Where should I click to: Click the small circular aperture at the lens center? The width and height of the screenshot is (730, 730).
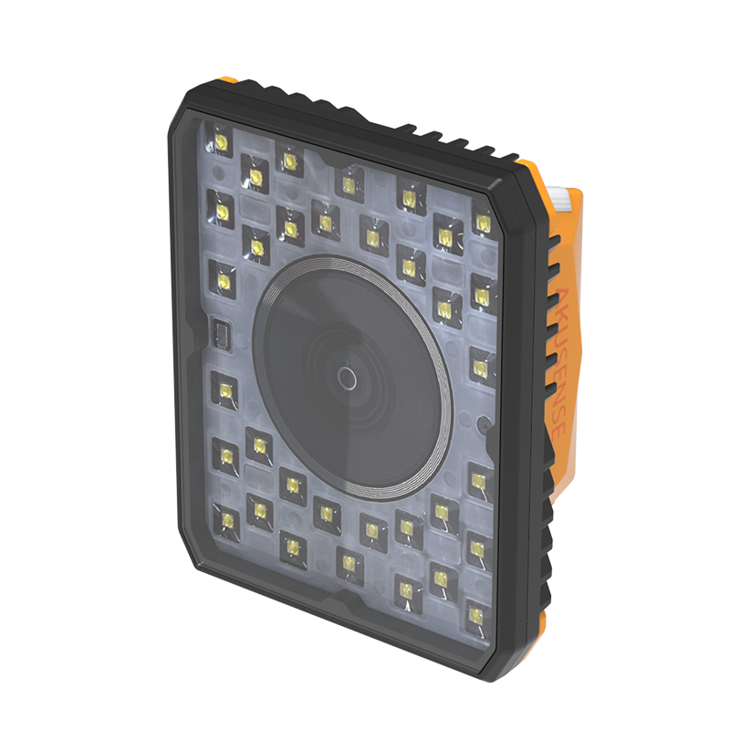point(346,377)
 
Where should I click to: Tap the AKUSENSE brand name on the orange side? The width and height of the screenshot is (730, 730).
point(559,361)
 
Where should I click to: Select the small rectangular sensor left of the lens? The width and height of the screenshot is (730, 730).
point(219,333)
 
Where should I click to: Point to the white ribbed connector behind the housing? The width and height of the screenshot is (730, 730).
point(570,197)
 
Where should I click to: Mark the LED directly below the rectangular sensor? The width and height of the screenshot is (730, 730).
point(223,391)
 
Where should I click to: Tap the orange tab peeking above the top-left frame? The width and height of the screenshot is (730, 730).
point(230,81)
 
